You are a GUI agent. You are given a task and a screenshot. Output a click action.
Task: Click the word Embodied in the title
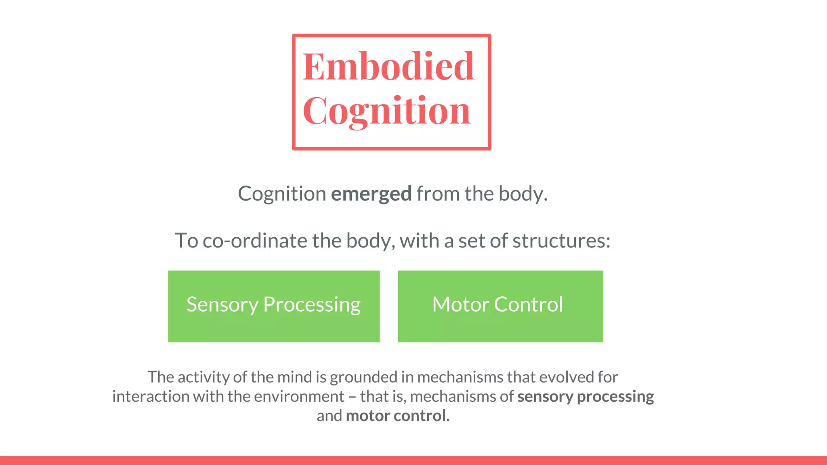(388, 67)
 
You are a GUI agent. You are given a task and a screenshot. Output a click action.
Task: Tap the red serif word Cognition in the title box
(386, 111)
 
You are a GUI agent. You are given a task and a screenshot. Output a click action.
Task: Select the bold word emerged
(371, 194)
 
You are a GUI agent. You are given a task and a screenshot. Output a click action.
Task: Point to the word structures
(561, 241)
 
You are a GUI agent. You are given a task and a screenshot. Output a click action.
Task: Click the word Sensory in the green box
(222, 305)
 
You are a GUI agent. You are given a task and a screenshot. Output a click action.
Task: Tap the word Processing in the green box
(312, 305)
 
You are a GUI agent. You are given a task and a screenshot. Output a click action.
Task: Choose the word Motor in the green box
(460, 304)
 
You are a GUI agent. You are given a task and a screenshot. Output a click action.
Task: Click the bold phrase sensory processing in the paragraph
(586, 397)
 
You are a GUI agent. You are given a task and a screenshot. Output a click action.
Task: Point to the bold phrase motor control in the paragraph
(398, 416)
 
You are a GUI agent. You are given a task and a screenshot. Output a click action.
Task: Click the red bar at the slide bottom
(413, 461)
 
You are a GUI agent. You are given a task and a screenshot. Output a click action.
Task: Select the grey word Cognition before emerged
(282, 194)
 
